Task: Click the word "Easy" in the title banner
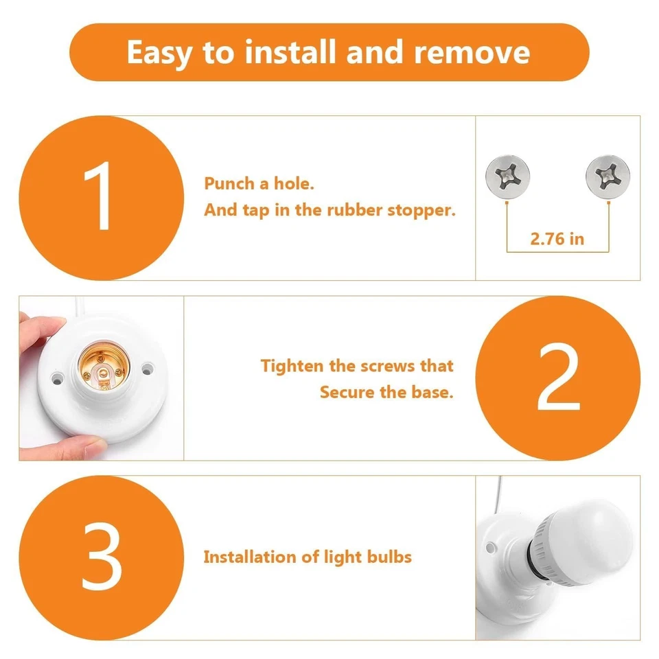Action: (160, 53)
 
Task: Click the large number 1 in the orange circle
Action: (100, 198)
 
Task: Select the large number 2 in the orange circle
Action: (557, 378)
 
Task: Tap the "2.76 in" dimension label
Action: (557, 239)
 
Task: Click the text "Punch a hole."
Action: (259, 184)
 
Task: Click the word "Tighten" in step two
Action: (292, 366)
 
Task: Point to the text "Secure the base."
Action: (386, 393)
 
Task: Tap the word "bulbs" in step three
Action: (389, 556)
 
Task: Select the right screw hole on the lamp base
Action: (146, 369)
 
